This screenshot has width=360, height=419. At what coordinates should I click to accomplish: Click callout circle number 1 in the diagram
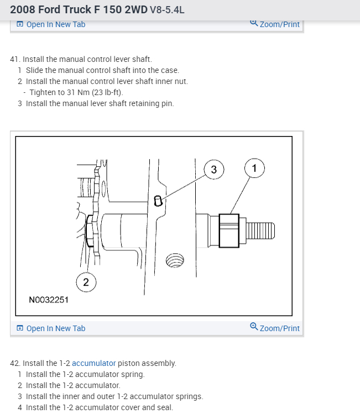click(254, 167)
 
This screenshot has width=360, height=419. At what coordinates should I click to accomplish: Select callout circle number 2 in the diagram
click(86, 282)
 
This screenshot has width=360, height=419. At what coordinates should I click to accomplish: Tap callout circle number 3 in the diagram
click(214, 169)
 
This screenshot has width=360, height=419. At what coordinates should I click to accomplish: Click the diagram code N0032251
click(49, 300)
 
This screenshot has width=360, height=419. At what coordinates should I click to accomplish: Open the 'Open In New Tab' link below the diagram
click(56, 328)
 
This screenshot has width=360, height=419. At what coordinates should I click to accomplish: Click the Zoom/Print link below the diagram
click(279, 328)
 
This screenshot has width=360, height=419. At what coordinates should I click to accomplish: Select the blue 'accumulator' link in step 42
click(94, 363)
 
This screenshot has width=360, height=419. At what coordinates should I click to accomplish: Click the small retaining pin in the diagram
click(158, 200)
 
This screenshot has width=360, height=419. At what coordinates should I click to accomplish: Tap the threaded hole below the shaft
click(175, 261)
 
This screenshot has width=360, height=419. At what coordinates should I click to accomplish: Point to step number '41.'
click(15, 59)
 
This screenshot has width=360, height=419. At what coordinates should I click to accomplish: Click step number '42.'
click(15, 363)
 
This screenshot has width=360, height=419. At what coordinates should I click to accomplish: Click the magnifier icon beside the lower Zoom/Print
click(253, 327)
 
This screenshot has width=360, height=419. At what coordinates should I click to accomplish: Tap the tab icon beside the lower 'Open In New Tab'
click(20, 328)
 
